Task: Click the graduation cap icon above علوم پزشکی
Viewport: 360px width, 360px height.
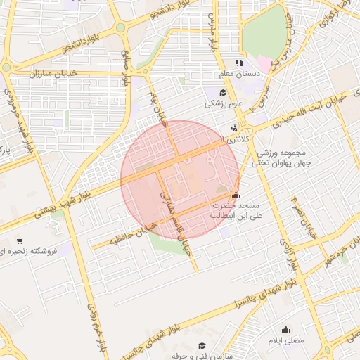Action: (223, 92)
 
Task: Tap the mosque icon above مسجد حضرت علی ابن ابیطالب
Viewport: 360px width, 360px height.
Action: (235, 195)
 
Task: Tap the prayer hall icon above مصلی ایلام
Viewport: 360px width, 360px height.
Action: (285, 329)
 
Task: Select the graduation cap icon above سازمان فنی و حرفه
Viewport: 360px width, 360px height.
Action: (202, 345)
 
